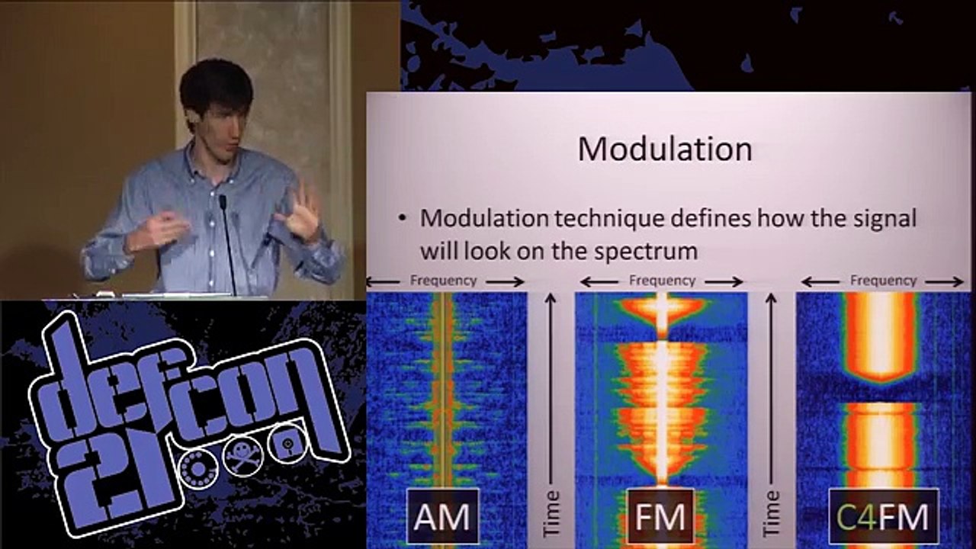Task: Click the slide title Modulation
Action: click(x=664, y=149)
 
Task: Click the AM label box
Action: click(x=442, y=516)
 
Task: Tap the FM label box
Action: click(x=660, y=516)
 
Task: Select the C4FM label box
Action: click(x=884, y=516)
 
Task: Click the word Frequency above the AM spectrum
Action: click(x=444, y=281)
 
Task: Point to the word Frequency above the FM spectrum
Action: click(x=662, y=281)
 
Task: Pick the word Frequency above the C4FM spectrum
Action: click(x=883, y=281)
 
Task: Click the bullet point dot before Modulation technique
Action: click(x=403, y=220)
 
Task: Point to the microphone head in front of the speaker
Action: click(x=223, y=202)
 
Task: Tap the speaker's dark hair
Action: click(x=216, y=84)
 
